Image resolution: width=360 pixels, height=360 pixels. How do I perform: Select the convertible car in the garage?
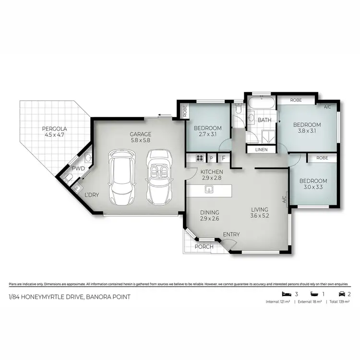click(157, 176)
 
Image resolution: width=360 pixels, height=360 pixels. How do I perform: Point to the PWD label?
click(78, 169)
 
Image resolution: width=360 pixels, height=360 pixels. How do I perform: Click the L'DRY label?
click(92, 195)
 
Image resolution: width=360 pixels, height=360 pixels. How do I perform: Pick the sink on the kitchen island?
click(208, 190)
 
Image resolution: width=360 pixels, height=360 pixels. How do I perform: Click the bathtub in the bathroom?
click(261, 103)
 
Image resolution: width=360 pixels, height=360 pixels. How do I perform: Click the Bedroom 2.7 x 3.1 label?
click(207, 132)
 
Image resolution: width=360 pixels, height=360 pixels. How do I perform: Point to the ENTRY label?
click(231, 234)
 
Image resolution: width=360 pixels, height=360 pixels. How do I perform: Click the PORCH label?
click(204, 247)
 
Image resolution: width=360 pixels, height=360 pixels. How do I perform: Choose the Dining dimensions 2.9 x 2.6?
click(210, 219)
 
